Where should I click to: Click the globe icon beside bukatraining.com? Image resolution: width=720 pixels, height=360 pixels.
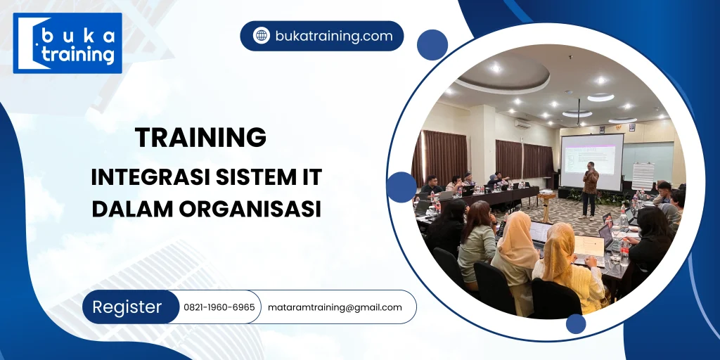coord(262,36)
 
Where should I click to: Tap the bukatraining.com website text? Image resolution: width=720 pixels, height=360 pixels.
coord(333,36)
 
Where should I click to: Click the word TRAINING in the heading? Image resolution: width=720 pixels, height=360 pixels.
coord(200,137)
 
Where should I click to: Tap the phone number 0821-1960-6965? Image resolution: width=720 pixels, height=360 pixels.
coord(219,307)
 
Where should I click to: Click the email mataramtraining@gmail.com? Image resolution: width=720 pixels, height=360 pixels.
coord(335,307)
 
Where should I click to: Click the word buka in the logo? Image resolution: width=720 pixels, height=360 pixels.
coord(77,35)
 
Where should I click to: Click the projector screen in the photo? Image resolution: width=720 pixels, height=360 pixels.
coord(591,161)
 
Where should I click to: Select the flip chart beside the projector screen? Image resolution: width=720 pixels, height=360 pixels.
coord(643,176)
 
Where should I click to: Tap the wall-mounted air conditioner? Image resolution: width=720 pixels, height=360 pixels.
coord(522,123)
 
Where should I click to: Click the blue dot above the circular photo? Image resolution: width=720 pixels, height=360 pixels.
coord(432,45)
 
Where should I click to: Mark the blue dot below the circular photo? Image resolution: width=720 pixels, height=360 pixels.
coord(576,323)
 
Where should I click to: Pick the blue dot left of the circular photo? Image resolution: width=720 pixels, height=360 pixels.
coord(401,187)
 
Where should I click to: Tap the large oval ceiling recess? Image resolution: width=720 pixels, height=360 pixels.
coord(501,73)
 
